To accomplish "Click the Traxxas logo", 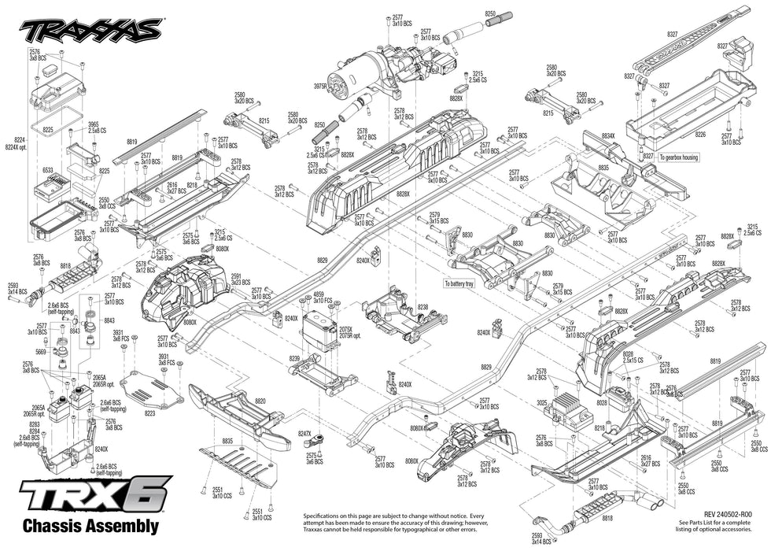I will (x=90, y=30).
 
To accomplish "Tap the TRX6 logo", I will (x=94, y=497).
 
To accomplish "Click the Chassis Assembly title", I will (x=90, y=527).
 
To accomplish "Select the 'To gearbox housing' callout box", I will (x=678, y=157).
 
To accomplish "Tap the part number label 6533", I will (x=47, y=169).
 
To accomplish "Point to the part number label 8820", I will (x=260, y=401).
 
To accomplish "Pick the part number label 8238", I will (x=422, y=308).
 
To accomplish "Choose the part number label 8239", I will (x=294, y=358).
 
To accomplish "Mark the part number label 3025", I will (x=541, y=403).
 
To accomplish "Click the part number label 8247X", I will (x=305, y=434).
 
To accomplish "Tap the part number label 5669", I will (x=40, y=353).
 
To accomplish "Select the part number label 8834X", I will (x=608, y=136).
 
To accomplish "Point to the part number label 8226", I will (x=700, y=135).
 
